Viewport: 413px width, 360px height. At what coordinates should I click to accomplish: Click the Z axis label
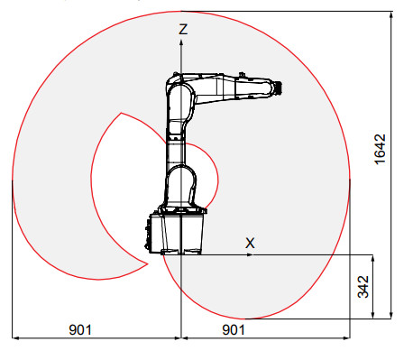pyautogui.click(x=183, y=29)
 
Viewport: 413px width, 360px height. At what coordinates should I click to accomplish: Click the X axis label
pyautogui.click(x=251, y=242)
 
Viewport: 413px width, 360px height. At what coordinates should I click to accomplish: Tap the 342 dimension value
pyautogui.click(x=363, y=286)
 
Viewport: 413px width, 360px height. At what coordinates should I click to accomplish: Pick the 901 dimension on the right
pyautogui.click(x=234, y=330)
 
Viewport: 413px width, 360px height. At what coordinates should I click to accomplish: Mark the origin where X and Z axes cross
pyautogui.click(x=182, y=255)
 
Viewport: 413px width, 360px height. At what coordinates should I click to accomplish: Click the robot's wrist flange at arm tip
pyautogui.click(x=280, y=88)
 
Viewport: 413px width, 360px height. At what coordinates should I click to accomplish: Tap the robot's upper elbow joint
pyautogui.click(x=179, y=91)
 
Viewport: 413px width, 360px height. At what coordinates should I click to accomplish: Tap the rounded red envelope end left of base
pyautogui.click(x=144, y=264)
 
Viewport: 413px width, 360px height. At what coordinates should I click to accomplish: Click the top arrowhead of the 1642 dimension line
pyautogui.click(x=391, y=14)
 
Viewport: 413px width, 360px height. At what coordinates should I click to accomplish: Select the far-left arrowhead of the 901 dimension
pyautogui.click(x=15, y=339)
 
